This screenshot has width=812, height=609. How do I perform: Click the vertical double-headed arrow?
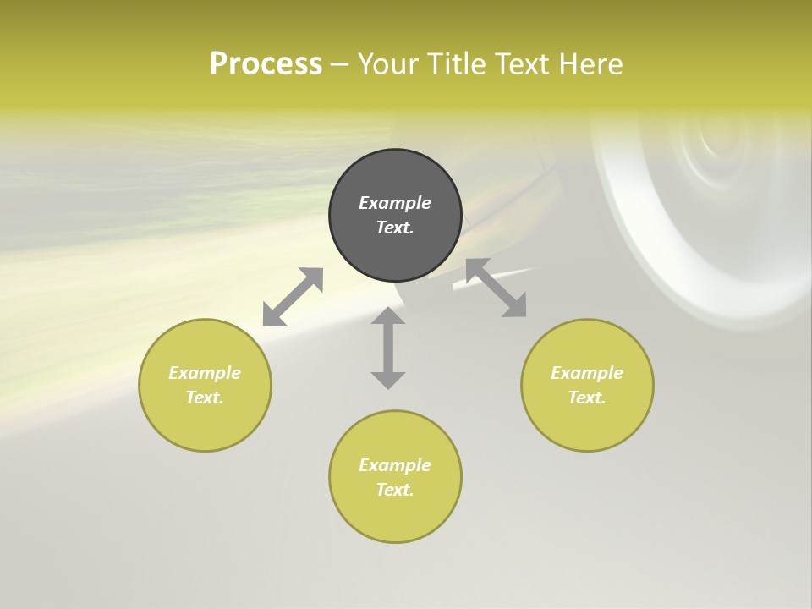[388, 348]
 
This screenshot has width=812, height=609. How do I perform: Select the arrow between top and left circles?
[293, 297]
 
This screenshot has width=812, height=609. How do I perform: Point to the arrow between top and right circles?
[496, 288]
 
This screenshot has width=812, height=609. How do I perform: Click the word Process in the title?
[266, 64]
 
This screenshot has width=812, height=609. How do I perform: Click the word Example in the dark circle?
[395, 203]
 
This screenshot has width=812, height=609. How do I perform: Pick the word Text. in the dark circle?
[395, 228]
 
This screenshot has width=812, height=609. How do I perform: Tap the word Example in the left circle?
[205, 373]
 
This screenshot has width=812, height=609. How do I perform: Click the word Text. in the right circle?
[587, 398]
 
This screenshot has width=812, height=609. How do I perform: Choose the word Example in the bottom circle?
[395, 465]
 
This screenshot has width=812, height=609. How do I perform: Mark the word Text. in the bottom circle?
[395, 490]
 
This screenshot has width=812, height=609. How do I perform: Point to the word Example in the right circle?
[587, 373]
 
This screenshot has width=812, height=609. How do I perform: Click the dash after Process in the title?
[339, 65]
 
